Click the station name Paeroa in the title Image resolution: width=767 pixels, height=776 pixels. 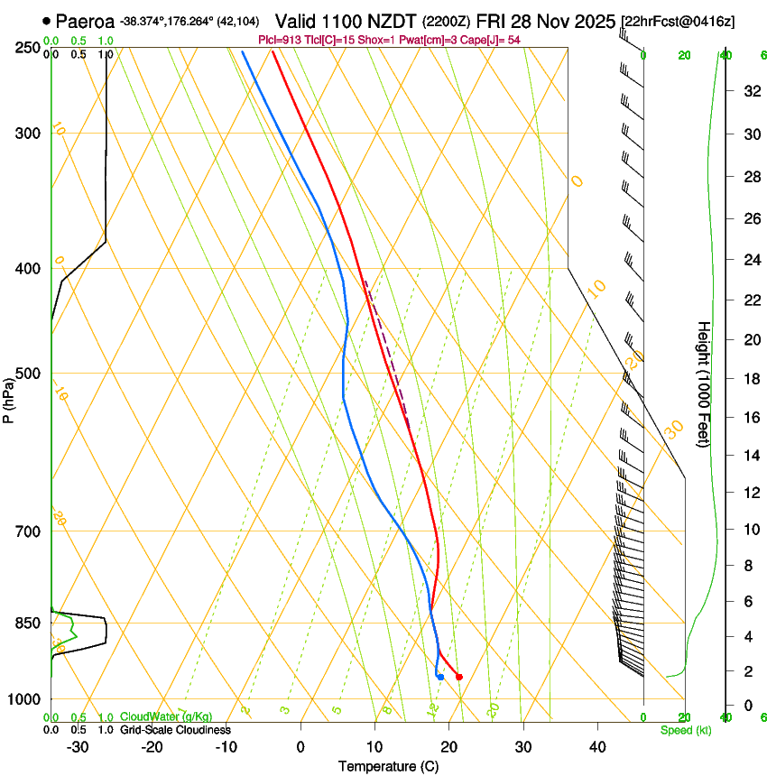pos(85,21)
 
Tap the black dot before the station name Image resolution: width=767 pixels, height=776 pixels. pos(46,20)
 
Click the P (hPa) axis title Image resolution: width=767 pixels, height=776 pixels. pos(8,398)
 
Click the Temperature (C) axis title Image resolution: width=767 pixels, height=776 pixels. pos(388,766)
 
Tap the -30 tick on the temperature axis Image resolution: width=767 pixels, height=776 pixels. pos(78,746)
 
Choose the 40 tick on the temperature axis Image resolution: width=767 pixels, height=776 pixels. pos(597,746)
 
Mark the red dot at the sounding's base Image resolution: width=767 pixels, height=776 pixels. pos(459,677)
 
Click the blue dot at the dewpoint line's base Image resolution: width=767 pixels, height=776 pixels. pos(440,677)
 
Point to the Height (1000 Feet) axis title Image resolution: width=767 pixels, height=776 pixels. pos(704,383)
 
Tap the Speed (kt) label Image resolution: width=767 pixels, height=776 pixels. pos(686,730)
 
